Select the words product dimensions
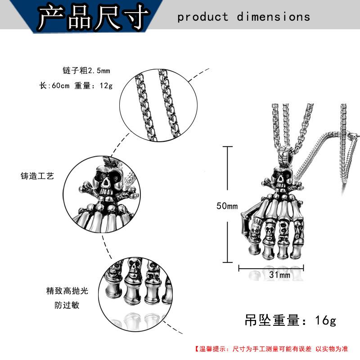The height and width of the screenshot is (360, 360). [243, 17]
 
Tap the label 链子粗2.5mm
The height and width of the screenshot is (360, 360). [86, 71]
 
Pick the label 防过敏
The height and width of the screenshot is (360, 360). [68, 305]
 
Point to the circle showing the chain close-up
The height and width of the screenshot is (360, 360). [158, 103]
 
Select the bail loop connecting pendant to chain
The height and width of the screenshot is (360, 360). [287, 156]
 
